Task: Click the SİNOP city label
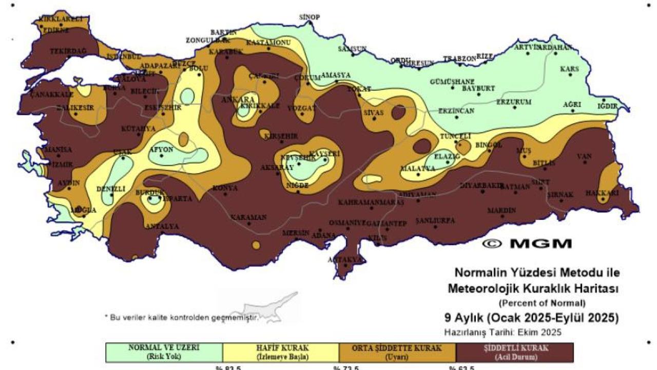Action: coord(310,17)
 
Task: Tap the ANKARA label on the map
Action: coord(238,99)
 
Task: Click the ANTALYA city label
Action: coord(162,226)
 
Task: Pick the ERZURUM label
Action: coord(514,102)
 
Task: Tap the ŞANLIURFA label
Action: coord(435,220)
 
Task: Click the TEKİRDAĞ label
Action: coord(68,51)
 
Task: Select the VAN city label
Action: coord(584,156)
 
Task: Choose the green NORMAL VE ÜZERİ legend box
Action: coord(164,353)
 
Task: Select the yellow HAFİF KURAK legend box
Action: coord(281,353)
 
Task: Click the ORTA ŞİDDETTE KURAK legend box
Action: coord(397,353)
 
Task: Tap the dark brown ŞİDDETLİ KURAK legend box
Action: coord(515,353)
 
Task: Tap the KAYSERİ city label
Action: coord(326,154)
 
